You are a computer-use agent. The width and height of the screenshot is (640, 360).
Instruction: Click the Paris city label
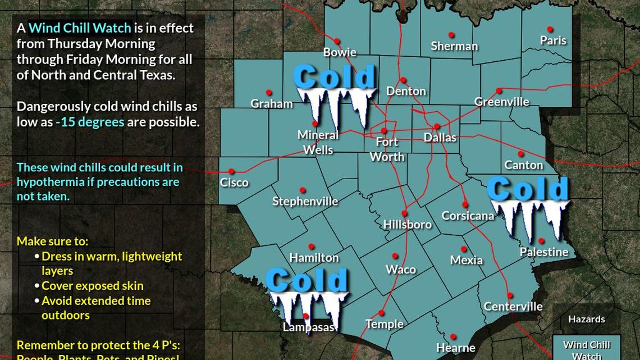[x=553, y=40]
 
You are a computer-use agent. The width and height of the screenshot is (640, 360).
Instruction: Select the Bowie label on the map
[x=340, y=52]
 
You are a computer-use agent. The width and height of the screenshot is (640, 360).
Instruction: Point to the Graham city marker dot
[x=269, y=93]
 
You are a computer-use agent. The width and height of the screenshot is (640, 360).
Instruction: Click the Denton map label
[x=406, y=91]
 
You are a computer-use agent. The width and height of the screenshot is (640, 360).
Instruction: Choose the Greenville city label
[x=501, y=102]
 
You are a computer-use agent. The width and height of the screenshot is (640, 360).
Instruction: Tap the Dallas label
[x=440, y=137]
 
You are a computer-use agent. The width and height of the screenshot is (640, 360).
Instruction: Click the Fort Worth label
[x=387, y=149]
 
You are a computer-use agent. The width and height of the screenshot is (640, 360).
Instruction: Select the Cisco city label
[x=234, y=183]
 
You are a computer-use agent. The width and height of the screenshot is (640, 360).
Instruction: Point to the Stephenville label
[x=305, y=201]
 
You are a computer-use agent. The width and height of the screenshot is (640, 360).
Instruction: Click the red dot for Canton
[x=521, y=154]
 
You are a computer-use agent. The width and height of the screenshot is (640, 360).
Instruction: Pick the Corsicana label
[x=468, y=216]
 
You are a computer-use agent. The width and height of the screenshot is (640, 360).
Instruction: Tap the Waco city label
[x=401, y=270]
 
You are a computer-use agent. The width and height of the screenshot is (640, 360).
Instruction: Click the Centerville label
[x=513, y=307]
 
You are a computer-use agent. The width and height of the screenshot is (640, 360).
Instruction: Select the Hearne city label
[x=455, y=348]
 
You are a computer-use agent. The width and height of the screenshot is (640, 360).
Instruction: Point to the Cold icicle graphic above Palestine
[x=528, y=205]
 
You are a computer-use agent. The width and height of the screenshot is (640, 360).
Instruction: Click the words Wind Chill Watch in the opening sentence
[x=79, y=28]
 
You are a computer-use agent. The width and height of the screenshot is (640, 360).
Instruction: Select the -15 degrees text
[x=90, y=122]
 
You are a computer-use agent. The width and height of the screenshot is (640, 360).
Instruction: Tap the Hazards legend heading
[x=587, y=319]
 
